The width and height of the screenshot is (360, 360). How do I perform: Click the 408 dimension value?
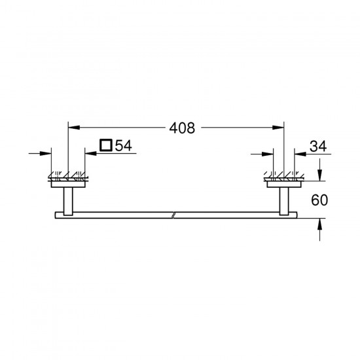point(182,128)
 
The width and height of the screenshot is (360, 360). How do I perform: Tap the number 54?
point(124,145)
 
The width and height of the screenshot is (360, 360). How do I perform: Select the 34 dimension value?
point(318,146)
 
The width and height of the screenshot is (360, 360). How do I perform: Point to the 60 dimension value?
point(319,200)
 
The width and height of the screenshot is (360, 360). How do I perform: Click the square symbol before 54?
point(106,145)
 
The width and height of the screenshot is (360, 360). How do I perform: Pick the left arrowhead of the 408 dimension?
point(74,128)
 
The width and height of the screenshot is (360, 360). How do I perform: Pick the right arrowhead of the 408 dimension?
point(278,128)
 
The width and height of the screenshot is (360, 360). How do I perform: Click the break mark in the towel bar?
point(173,215)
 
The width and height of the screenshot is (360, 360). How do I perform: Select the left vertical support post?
point(68,202)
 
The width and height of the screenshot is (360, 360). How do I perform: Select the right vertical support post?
point(284,202)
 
